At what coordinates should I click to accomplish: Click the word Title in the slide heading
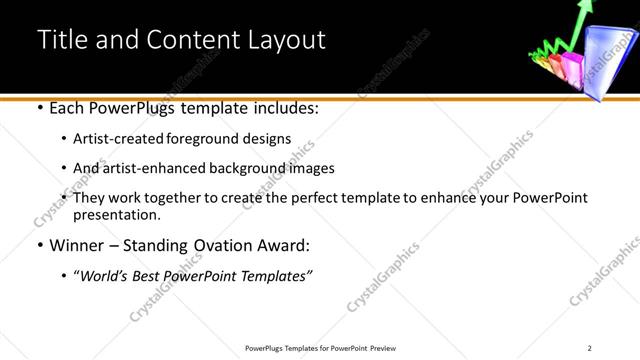[x=60, y=40]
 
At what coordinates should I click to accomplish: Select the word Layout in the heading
[x=284, y=40]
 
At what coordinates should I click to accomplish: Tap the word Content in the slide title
[x=194, y=40]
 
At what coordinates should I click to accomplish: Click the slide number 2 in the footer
[x=590, y=348]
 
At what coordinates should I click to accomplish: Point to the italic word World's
[x=105, y=275]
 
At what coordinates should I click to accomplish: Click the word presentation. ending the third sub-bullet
[x=117, y=214]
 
